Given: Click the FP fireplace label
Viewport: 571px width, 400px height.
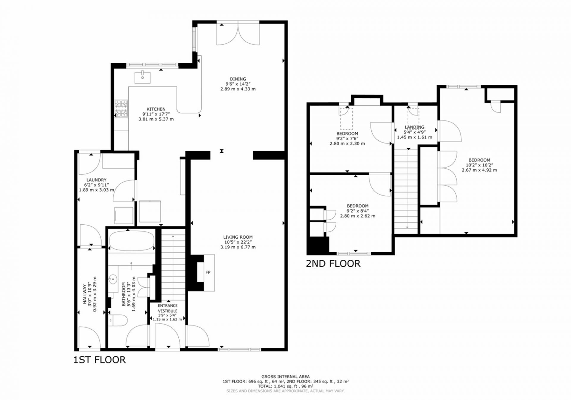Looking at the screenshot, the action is (208, 272).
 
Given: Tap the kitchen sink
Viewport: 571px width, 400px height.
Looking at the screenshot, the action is (142, 78).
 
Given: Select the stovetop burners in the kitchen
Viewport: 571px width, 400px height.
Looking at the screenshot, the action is (121, 109).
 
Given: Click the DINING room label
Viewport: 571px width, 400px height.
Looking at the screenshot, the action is (238, 79).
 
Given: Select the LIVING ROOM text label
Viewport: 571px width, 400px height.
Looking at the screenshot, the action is (238, 237).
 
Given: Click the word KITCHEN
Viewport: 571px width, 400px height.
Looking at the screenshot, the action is (156, 109).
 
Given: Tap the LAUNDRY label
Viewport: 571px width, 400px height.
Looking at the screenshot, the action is (96, 180).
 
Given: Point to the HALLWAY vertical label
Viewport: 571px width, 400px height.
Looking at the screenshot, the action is (85, 294).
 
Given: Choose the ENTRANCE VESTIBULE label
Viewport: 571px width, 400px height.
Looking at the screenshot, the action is (168, 308).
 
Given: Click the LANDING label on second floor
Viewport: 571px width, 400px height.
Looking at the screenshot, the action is (415, 127).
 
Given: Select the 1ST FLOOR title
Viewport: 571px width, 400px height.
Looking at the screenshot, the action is (100, 360).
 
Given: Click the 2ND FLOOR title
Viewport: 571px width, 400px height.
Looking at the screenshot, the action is (333, 264).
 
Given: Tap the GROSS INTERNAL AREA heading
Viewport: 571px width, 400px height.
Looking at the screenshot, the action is (285, 377).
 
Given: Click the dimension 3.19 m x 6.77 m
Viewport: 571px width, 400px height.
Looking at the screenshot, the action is (238, 247).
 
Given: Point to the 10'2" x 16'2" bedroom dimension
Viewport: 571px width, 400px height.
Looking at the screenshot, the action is (479, 165).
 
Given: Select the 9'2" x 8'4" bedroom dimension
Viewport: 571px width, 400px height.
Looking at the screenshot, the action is (358, 211).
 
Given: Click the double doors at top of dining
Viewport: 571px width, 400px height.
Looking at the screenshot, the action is (238, 33).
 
